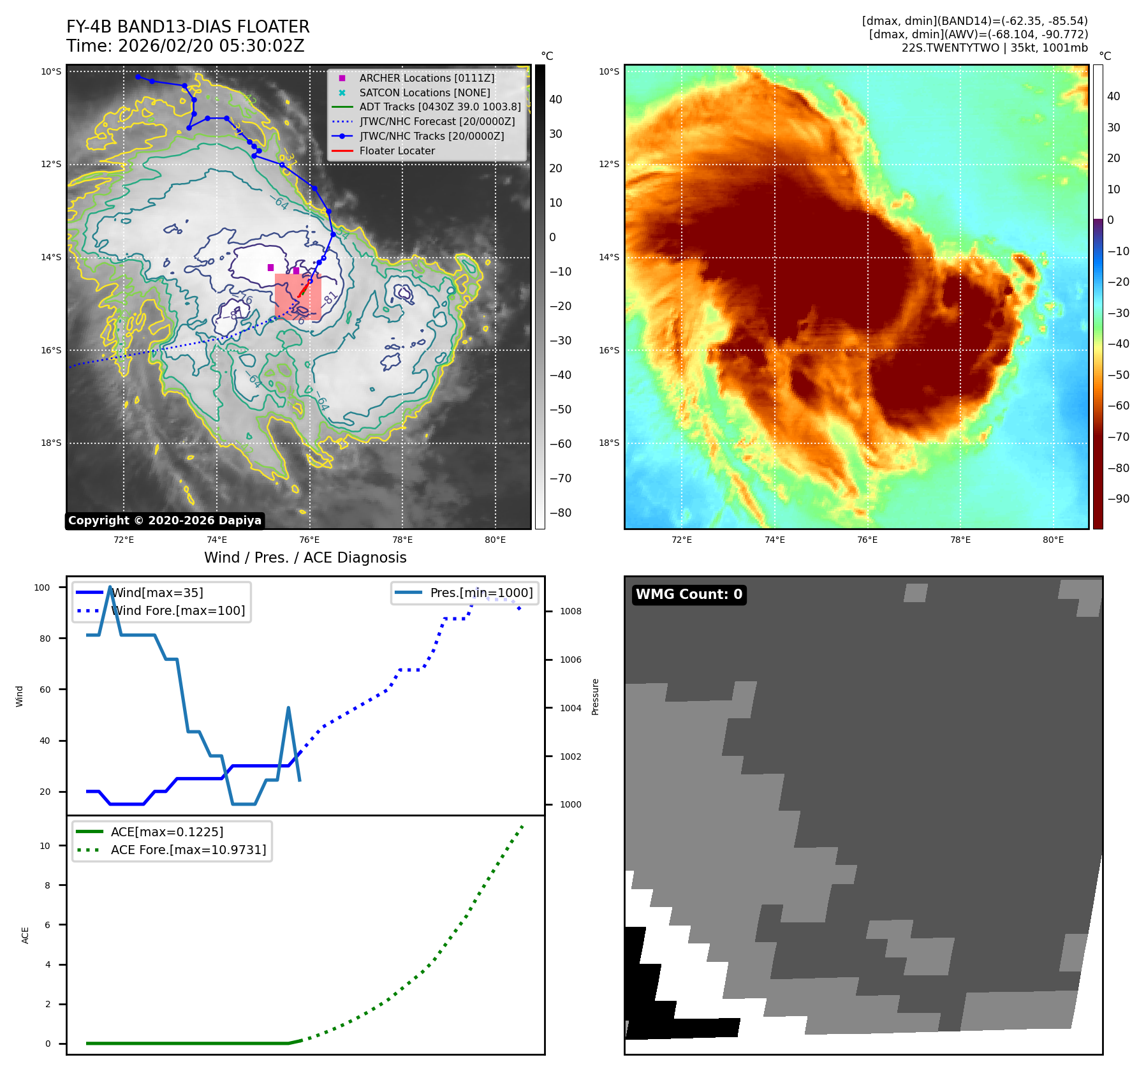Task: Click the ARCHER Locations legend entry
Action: click(x=426, y=78)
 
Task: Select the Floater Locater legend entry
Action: click(x=397, y=151)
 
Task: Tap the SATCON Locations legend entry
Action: click(x=424, y=92)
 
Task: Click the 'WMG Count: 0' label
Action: click(x=689, y=594)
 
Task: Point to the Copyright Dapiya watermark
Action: click(x=165, y=521)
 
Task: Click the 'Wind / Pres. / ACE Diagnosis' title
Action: click(x=305, y=557)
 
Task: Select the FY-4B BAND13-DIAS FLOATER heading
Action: click(x=187, y=27)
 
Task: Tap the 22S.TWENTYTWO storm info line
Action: click(x=994, y=48)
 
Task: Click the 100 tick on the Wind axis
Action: click(x=42, y=587)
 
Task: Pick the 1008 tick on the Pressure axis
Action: click(x=570, y=611)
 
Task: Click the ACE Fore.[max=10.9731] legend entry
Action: click(x=188, y=850)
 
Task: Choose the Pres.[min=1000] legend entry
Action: click(x=481, y=593)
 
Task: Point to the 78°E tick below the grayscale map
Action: click(x=402, y=540)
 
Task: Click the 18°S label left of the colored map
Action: click(x=608, y=443)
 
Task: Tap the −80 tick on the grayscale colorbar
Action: click(x=561, y=513)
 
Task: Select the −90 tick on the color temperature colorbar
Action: click(x=1118, y=499)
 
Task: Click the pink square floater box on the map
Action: click(x=298, y=297)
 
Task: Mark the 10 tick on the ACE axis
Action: click(x=45, y=846)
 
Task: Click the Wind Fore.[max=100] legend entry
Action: click(x=177, y=610)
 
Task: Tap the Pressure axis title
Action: click(x=595, y=697)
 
